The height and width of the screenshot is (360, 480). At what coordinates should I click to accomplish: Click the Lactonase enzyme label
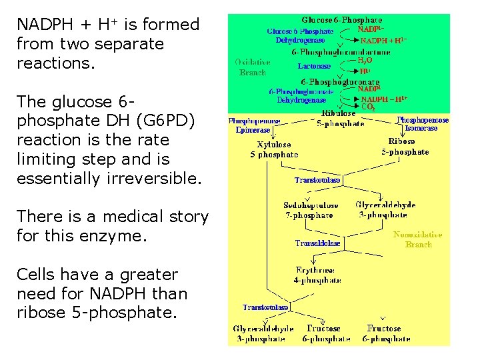pyautogui.click(x=314, y=66)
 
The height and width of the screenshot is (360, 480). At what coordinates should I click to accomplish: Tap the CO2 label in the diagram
pyautogui.click(x=368, y=107)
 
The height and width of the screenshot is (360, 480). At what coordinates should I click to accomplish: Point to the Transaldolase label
pyautogui.click(x=317, y=243)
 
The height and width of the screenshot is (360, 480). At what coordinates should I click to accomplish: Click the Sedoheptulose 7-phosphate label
pyautogui.click(x=310, y=210)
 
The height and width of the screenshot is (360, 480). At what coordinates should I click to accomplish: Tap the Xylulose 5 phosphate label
pyautogui.click(x=274, y=149)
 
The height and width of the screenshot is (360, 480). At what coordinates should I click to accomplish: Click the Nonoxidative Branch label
pyautogui.click(x=418, y=239)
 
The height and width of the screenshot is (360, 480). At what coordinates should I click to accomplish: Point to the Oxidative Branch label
pyautogui.click(x=252, y=67)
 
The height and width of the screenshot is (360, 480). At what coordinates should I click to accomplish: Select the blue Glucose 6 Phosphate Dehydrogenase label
pyautogui.click(x=300, y=35)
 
